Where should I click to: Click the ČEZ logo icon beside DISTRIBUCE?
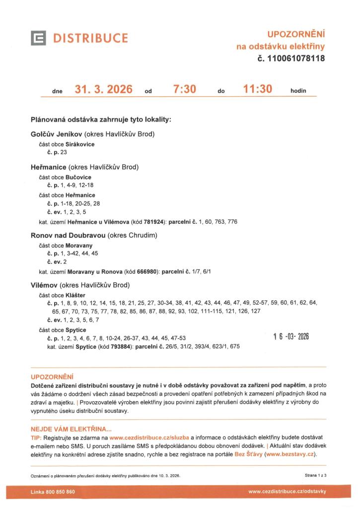[39, 38]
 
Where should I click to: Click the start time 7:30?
[185, 90]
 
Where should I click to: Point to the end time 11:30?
[258, 90]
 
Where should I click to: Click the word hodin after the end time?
[298, 91]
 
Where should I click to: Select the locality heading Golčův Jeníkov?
[56, 134]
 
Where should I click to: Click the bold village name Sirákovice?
[80, 144]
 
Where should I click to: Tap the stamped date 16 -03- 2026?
[291, 337]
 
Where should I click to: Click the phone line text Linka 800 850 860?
[53, 492]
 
